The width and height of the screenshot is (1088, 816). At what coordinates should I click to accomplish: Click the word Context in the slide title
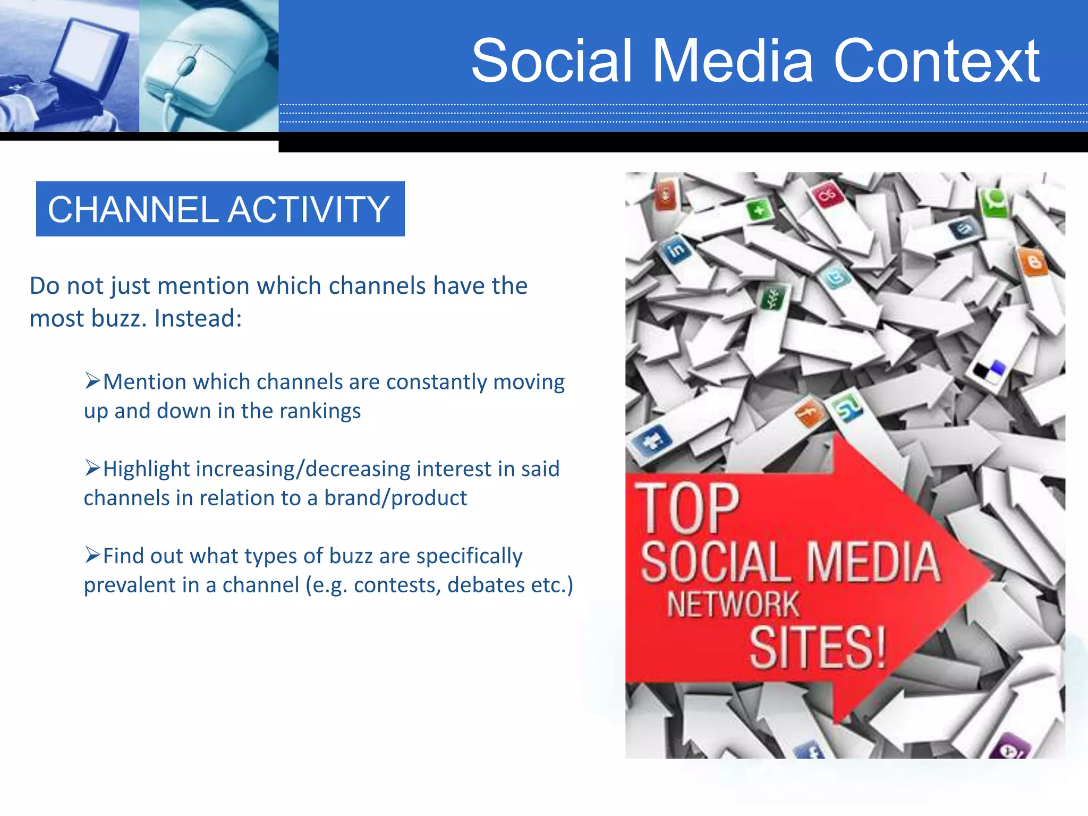[x=936, y=61]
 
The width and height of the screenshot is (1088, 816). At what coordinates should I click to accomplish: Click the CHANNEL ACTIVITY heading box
[x=220, y=209]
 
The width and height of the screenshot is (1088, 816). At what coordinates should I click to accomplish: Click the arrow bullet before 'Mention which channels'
[x=92, y=381]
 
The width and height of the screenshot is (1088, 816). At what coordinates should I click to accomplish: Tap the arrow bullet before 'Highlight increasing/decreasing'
[x=92, y=468]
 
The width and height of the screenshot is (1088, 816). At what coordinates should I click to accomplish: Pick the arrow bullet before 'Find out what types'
[x=92, y=555]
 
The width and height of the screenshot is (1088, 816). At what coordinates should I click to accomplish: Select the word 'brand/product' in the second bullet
[x=395, y=498]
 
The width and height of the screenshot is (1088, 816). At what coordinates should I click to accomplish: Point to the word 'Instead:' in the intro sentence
[x=198, y=319]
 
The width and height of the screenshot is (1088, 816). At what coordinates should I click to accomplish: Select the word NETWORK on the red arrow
[x=733, y=605]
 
